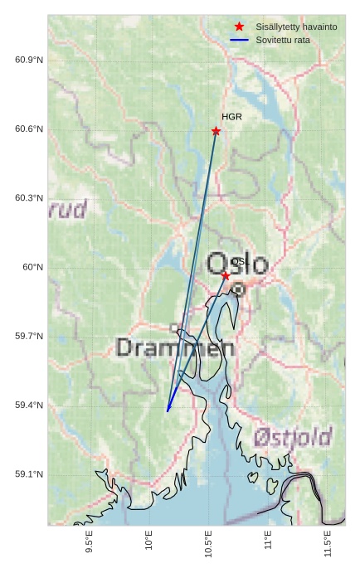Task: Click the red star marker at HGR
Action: coord(216,131)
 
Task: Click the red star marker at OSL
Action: coord(226,275)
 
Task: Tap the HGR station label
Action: coord(231,117)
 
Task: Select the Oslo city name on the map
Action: coord(237,265)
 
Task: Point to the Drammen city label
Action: coord(175,347)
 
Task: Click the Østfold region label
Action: coord(293,436)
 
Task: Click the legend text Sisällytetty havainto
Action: coord(296,27)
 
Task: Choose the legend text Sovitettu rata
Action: coord(283,40)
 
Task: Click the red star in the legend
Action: coord(239,27)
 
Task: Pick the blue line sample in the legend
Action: coord(239,40)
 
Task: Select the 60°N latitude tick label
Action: coord(32,267)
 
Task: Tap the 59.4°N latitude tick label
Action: coord(29,405)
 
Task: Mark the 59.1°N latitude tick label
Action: coord(29,474)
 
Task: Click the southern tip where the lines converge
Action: coord(168,410)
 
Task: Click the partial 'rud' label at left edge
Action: coord(67,209)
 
